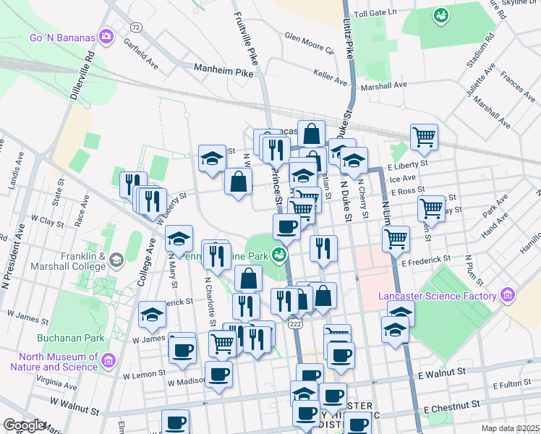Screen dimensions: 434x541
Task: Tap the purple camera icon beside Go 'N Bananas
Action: point(107,35)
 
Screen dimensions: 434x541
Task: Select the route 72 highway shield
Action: point(135,27)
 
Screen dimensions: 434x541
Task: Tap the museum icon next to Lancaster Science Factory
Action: point(507,295)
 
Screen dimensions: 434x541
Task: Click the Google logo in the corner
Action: point(24,425)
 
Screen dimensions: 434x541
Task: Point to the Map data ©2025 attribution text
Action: point(511,428)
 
